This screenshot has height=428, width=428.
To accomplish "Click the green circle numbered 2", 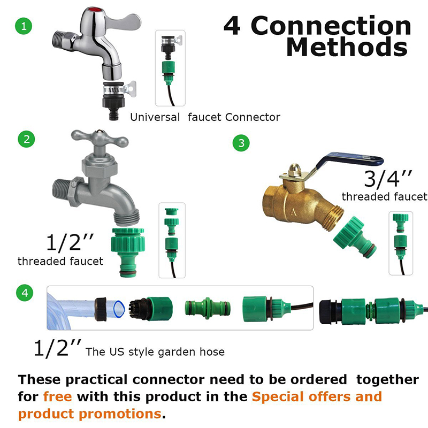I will tap(26, 140).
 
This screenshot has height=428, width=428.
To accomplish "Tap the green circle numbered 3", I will tap(241, 143).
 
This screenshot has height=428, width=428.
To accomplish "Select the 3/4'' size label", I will tap(385, 178).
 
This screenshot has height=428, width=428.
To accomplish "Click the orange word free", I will tap(60, 396).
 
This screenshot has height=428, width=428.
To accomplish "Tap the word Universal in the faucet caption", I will tap(155, 117).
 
